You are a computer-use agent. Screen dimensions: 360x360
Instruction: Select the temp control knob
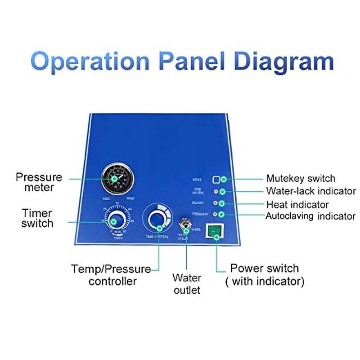(157, 218)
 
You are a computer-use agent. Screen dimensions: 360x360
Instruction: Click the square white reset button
(216, 180)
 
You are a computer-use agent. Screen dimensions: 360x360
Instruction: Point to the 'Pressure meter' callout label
(39, 182)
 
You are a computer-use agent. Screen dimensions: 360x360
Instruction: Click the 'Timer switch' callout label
(37, 218)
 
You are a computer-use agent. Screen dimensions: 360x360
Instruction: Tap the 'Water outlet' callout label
(187, 284)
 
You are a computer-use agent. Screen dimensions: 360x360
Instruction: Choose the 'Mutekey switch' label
(301, 179)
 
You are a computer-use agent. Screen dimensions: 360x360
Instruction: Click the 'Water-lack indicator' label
(310, 191)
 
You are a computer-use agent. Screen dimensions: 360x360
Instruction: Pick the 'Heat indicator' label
(297, 205)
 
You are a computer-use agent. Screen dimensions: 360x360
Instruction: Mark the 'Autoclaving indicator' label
(310, 216)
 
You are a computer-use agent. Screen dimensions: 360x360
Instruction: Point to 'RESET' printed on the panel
(197, 180)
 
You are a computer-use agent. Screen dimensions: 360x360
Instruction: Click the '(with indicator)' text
(265, 282)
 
